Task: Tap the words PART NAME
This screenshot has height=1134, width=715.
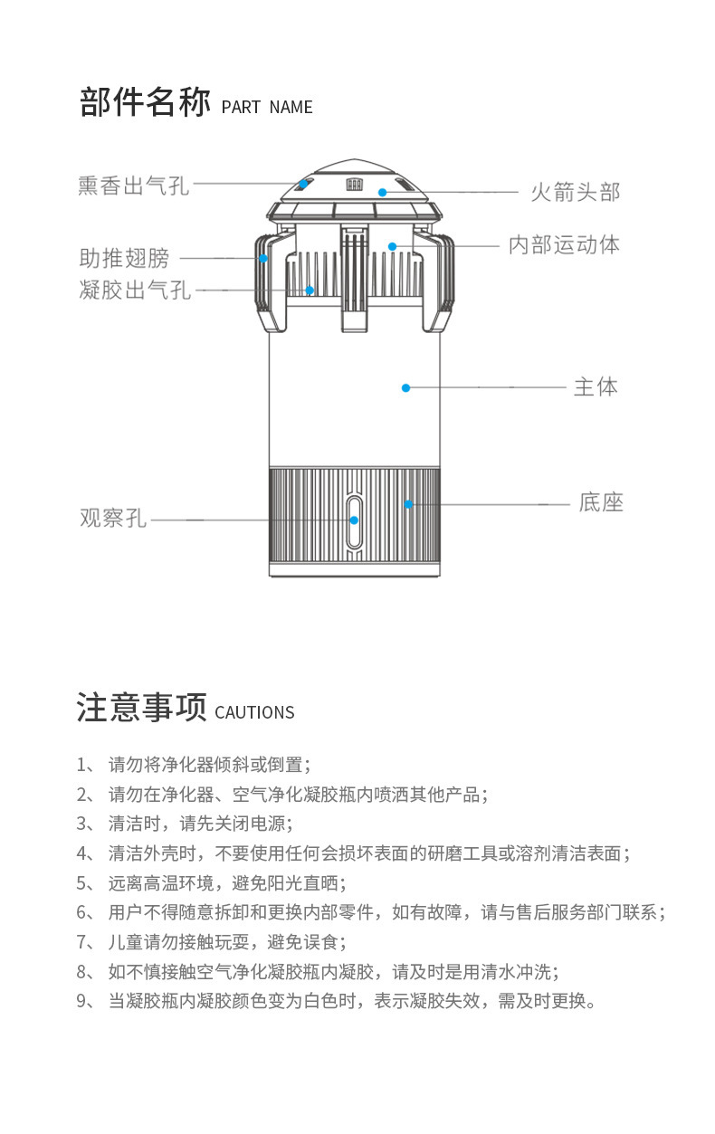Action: pyautogui.click(x=267, y=107)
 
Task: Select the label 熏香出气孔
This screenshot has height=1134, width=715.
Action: pyautogui.click(x=133, y=186)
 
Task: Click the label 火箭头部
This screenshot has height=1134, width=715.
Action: pyautogui.click(x=575, y=192)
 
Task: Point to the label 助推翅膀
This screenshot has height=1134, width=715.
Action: pyautogui.click(x=124, y=259)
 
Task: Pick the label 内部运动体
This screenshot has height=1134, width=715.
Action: pyautogui.click(x=564, y=244)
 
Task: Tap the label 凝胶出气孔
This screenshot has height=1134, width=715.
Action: pyautogui.click(x=135, y=291)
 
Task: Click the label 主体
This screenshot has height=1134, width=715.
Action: pyautogui.click(x=596, y=387)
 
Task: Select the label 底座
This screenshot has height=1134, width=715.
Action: pyautogui.click(x=601, y=502)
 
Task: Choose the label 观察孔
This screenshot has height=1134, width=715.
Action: pyautogui.click(x=112, y=519)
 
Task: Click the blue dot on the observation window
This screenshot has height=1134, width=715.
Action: pyautogui.click(x=354, y=520)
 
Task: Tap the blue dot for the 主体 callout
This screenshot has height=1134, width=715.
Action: pyautogui.click(x=405, y=387)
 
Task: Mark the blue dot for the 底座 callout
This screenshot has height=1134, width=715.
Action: pyautogui.click(x=408, y=504)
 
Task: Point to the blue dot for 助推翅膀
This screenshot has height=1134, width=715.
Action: pyautogui.click(x=263, y=258)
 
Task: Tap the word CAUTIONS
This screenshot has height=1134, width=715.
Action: pyautogui.click(x=254, y=712)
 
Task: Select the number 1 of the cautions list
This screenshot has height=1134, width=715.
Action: pyautogui.click(x=81, y=764)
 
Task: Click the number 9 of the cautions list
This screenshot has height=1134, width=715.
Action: pyautogui.click(x=81, y=1001)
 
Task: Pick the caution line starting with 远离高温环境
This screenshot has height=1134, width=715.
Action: pyautogui.click(x=226, y=882)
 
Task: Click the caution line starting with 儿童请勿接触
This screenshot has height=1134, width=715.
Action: pyautogui.click(x=226, y=942)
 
